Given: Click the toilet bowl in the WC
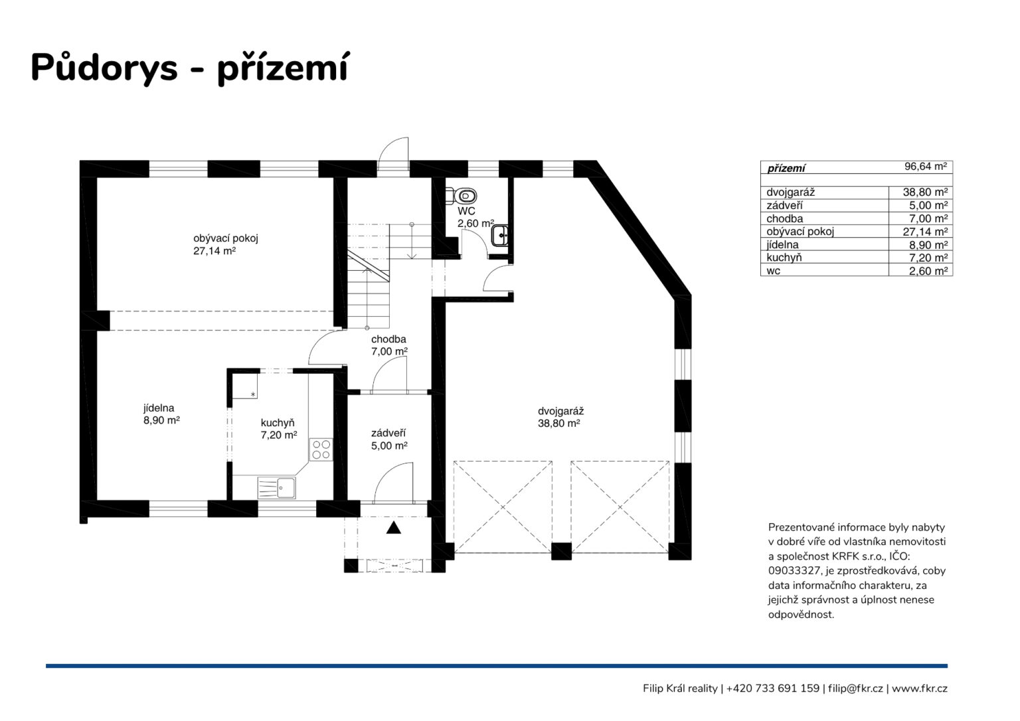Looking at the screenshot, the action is click(462, 196).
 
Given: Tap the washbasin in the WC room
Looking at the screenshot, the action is click(500, 235).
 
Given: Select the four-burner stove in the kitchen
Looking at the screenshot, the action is click(321, 449).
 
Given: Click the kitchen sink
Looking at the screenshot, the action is click(277, 487).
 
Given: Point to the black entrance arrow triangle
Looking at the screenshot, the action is click(393, 528).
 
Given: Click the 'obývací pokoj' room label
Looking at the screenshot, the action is click(225, 238).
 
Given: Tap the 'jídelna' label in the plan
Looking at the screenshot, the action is click(159, 408).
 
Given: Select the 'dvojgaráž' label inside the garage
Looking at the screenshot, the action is click(560, 411).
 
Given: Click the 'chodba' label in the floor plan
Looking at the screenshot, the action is click(388, 339).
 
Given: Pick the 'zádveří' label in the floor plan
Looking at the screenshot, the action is click(388, 433).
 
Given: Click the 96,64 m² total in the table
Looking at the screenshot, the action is click(926, 167).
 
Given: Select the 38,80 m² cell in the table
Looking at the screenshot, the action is click(925, 192).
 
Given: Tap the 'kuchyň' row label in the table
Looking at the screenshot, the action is click(784, 258).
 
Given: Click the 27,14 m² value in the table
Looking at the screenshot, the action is click(925, 232).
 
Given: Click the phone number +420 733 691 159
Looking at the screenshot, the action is click(773, 688).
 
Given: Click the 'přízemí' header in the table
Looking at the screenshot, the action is click(786, 169).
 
